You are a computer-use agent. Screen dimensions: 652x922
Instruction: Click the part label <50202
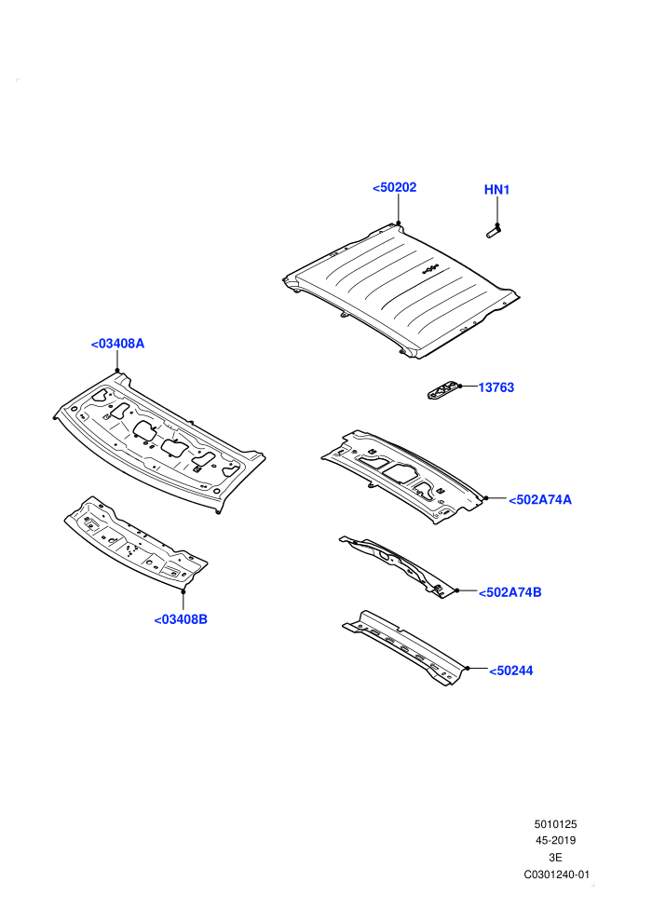(395, 187)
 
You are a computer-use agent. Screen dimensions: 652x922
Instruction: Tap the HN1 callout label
(496, 190)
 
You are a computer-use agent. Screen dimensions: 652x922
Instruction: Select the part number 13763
(496, 387)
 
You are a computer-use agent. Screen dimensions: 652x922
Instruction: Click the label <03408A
(117, 344)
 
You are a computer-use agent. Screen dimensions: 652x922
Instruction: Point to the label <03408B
(181, 619)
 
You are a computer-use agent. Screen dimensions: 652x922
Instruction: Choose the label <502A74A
(539, 500)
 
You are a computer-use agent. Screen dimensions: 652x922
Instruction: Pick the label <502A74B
(509, 592)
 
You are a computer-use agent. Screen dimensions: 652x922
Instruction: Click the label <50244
(511, 671)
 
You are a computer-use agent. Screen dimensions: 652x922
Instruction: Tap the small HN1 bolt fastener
(494, 232)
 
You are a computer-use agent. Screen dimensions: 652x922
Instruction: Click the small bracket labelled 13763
(442, 390)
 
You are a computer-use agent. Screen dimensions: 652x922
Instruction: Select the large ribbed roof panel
(401, 292)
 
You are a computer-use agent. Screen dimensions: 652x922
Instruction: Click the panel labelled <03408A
(158, 442)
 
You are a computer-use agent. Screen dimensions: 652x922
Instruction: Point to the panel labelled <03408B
(136, 543)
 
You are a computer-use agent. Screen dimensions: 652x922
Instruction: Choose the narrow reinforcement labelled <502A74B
(398, 565)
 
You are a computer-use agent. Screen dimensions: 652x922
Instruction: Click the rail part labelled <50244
(406, 648)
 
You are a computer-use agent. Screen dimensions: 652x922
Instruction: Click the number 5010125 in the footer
(555, 824)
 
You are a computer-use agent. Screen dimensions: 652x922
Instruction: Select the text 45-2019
(555, 841)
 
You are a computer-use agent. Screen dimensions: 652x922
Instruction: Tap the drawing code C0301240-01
(556, 875)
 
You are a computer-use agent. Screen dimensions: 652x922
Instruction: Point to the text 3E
(555, 858)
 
